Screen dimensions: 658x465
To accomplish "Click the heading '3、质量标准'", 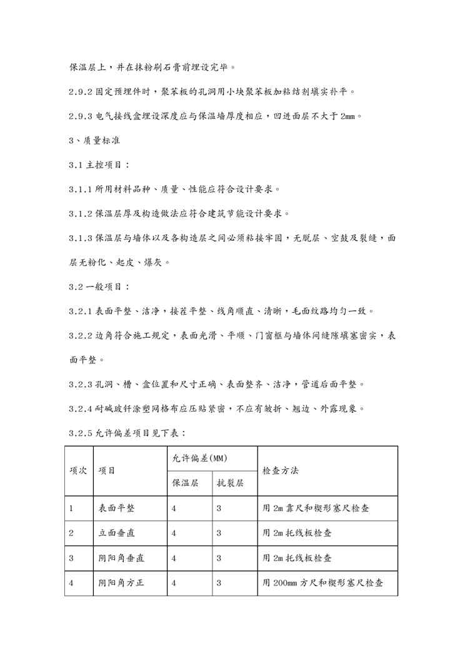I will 94,141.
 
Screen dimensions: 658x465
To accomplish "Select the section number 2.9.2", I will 81,92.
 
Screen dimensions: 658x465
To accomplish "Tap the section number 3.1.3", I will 81,238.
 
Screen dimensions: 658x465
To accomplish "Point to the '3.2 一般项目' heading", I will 99,287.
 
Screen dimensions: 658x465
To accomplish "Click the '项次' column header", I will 78,471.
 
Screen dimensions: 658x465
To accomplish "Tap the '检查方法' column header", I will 281,470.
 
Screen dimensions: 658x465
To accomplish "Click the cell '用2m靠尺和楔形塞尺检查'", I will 316,509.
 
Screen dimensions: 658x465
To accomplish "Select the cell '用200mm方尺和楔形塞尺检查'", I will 322,583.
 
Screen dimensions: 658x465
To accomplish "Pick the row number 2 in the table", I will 71,534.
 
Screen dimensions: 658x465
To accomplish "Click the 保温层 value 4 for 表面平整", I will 174,509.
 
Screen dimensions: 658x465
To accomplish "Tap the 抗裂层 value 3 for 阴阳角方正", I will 219,583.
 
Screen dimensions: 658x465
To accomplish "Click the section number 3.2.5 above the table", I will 81,433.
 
